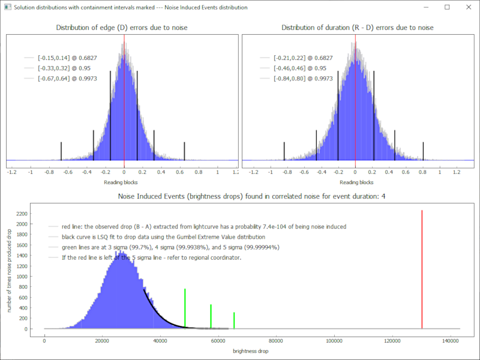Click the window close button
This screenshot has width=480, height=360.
click(467, 7)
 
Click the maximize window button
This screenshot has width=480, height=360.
click(447, 7)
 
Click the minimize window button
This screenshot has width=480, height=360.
click(427, 7)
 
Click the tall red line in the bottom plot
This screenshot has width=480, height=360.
click(422, 270)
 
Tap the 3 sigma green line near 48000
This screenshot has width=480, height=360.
click(185, 308)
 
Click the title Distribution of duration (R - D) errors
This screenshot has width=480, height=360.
click(357, 28)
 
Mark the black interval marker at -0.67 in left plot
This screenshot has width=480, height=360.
click(61, 151)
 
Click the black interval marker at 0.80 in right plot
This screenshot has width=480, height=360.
click(424, 151)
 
